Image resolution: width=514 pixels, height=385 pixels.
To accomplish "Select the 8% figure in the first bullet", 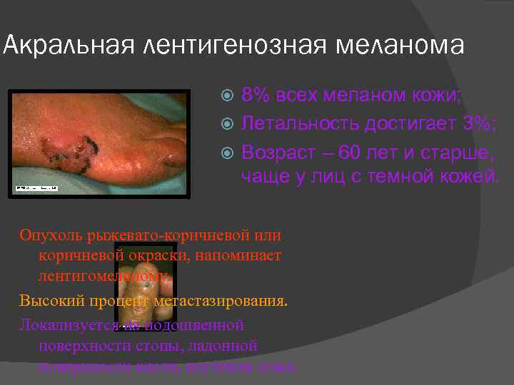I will (255, 96).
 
